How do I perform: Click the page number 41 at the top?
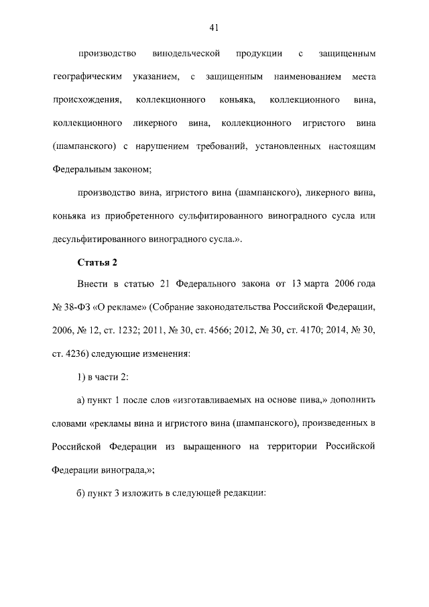pos(214,27)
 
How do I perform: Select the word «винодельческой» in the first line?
pos(184,53)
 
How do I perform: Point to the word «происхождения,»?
pos(87,101)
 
